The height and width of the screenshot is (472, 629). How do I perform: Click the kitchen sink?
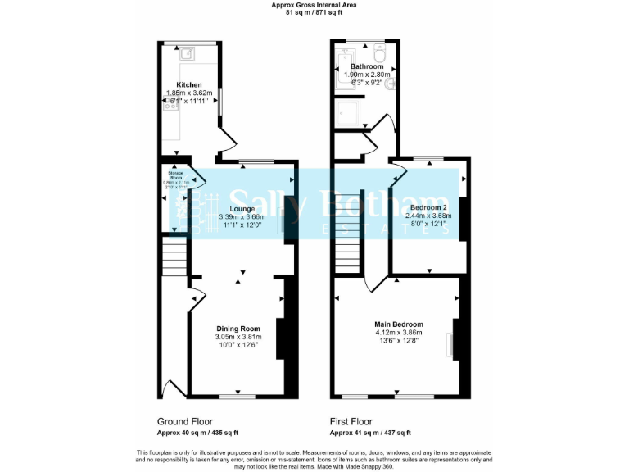click(x=187, y=54)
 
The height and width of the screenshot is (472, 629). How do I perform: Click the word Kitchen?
click(x=189, y=85)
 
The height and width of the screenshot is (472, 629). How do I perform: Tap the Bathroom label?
click(x=366, y=66)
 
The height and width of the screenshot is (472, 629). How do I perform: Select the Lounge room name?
click(x=242, y=209)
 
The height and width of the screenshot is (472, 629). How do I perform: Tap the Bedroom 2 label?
click(x=429, y=208)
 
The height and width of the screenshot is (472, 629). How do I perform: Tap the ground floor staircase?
click(x=173, y=257)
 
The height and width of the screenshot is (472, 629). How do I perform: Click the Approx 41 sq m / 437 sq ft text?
click(x=369, y=432)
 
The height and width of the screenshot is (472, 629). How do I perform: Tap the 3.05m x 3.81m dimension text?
click(x=238, y=337)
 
